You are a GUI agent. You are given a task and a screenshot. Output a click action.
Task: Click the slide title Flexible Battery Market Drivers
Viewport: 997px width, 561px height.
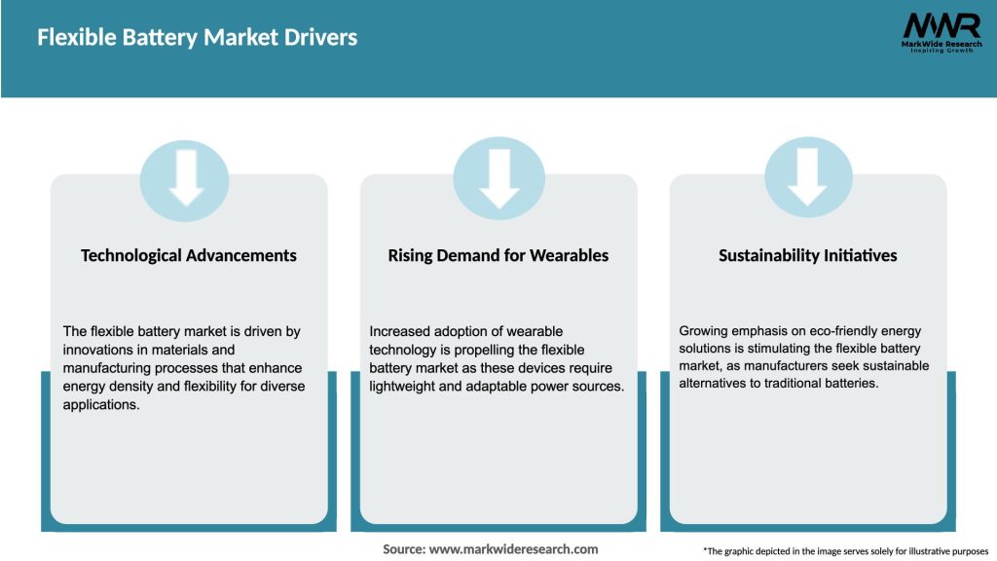[198, 38]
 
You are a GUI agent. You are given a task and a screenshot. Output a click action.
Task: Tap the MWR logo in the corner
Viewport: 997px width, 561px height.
[941, 24]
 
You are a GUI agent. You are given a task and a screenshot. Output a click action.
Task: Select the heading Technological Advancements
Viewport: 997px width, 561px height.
[189, 255]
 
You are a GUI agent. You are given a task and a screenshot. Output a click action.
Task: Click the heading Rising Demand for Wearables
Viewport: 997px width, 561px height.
[498, 255]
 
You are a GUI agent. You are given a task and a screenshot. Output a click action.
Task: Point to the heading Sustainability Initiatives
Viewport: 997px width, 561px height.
[808, 255]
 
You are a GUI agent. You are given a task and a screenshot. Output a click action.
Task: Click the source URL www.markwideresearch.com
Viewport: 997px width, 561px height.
[514, 549]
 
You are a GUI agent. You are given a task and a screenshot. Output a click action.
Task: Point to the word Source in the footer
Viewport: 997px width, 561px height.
[403, 549]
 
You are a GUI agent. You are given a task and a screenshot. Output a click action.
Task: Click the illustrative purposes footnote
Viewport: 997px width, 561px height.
[845, 551]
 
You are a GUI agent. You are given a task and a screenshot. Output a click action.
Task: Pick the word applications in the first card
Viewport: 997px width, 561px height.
[101, 405]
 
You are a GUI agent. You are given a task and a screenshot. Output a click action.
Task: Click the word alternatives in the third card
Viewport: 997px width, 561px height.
[718, 384]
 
